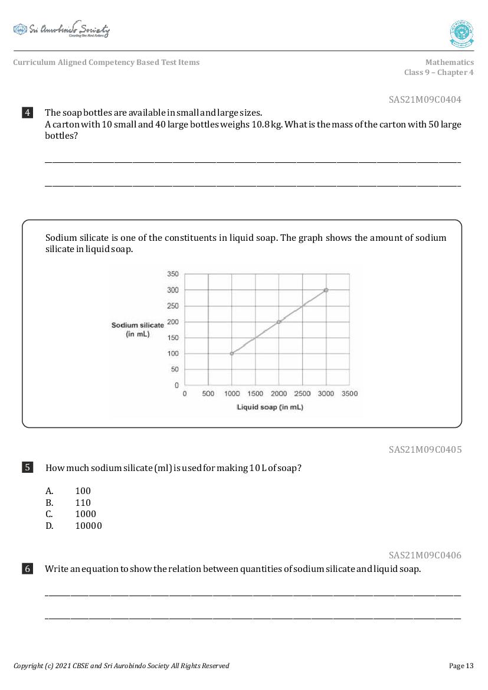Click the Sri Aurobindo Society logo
(x=61, y=30)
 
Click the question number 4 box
(x=28, y=113)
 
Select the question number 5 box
(x=28, y=467)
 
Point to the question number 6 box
(x=28, y=569)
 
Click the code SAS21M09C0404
(x=425, y=100)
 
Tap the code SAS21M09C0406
(x=425, y=555)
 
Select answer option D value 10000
(x=89, y=526)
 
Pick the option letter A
(x=50, y=491)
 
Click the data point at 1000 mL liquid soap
(x=231, y=354)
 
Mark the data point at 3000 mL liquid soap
(x=326, y=290)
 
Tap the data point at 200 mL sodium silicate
(x=279, y=322)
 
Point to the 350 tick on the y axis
(x=173, y=274)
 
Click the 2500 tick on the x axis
(x=302, y=394)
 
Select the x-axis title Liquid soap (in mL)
(x=270, y=407)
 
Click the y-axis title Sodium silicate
(x=137, y=325)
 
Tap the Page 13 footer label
(x=461, y=666)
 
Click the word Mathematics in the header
(x=449, y=62)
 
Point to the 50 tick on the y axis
(x=175, y=369)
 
